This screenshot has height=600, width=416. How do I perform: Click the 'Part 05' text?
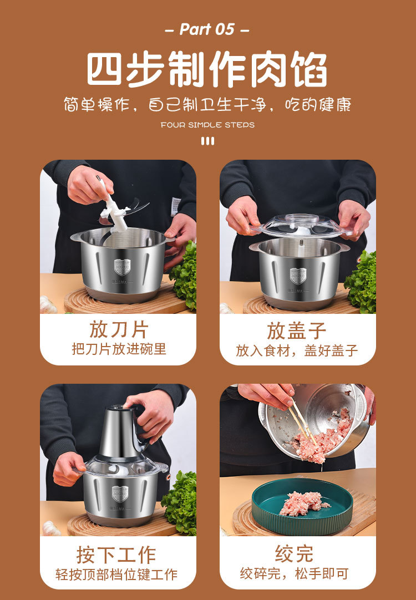click(x=207, y=29)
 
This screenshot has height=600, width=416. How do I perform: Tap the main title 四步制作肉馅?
click(x=207, y=70)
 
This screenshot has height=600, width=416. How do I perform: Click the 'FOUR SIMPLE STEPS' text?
click(x=207, y=125)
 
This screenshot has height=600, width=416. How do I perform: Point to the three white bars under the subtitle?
click(x=208, y=141)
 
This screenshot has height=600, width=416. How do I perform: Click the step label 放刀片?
click(x=119, y=329)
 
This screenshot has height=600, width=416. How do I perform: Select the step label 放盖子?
click(x=297, y=330)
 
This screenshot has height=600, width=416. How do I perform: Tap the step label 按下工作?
click(x=116, y=555)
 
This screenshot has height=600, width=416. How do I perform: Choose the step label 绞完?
click(x=294, y=553)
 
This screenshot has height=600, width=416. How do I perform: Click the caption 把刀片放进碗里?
click(x=119, y=349)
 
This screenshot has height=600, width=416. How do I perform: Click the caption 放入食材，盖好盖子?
click(x=297, y=350)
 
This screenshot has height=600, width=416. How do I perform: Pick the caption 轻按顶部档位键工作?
click(x=116, y=574)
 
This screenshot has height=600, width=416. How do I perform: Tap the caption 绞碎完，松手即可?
click(x=294, y=573)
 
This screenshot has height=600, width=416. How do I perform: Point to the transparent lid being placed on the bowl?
click(x=302, y=226)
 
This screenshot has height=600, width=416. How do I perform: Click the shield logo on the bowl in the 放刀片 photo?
click(x=122, y=266)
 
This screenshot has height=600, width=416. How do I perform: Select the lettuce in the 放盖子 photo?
click(x=361, y=282)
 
